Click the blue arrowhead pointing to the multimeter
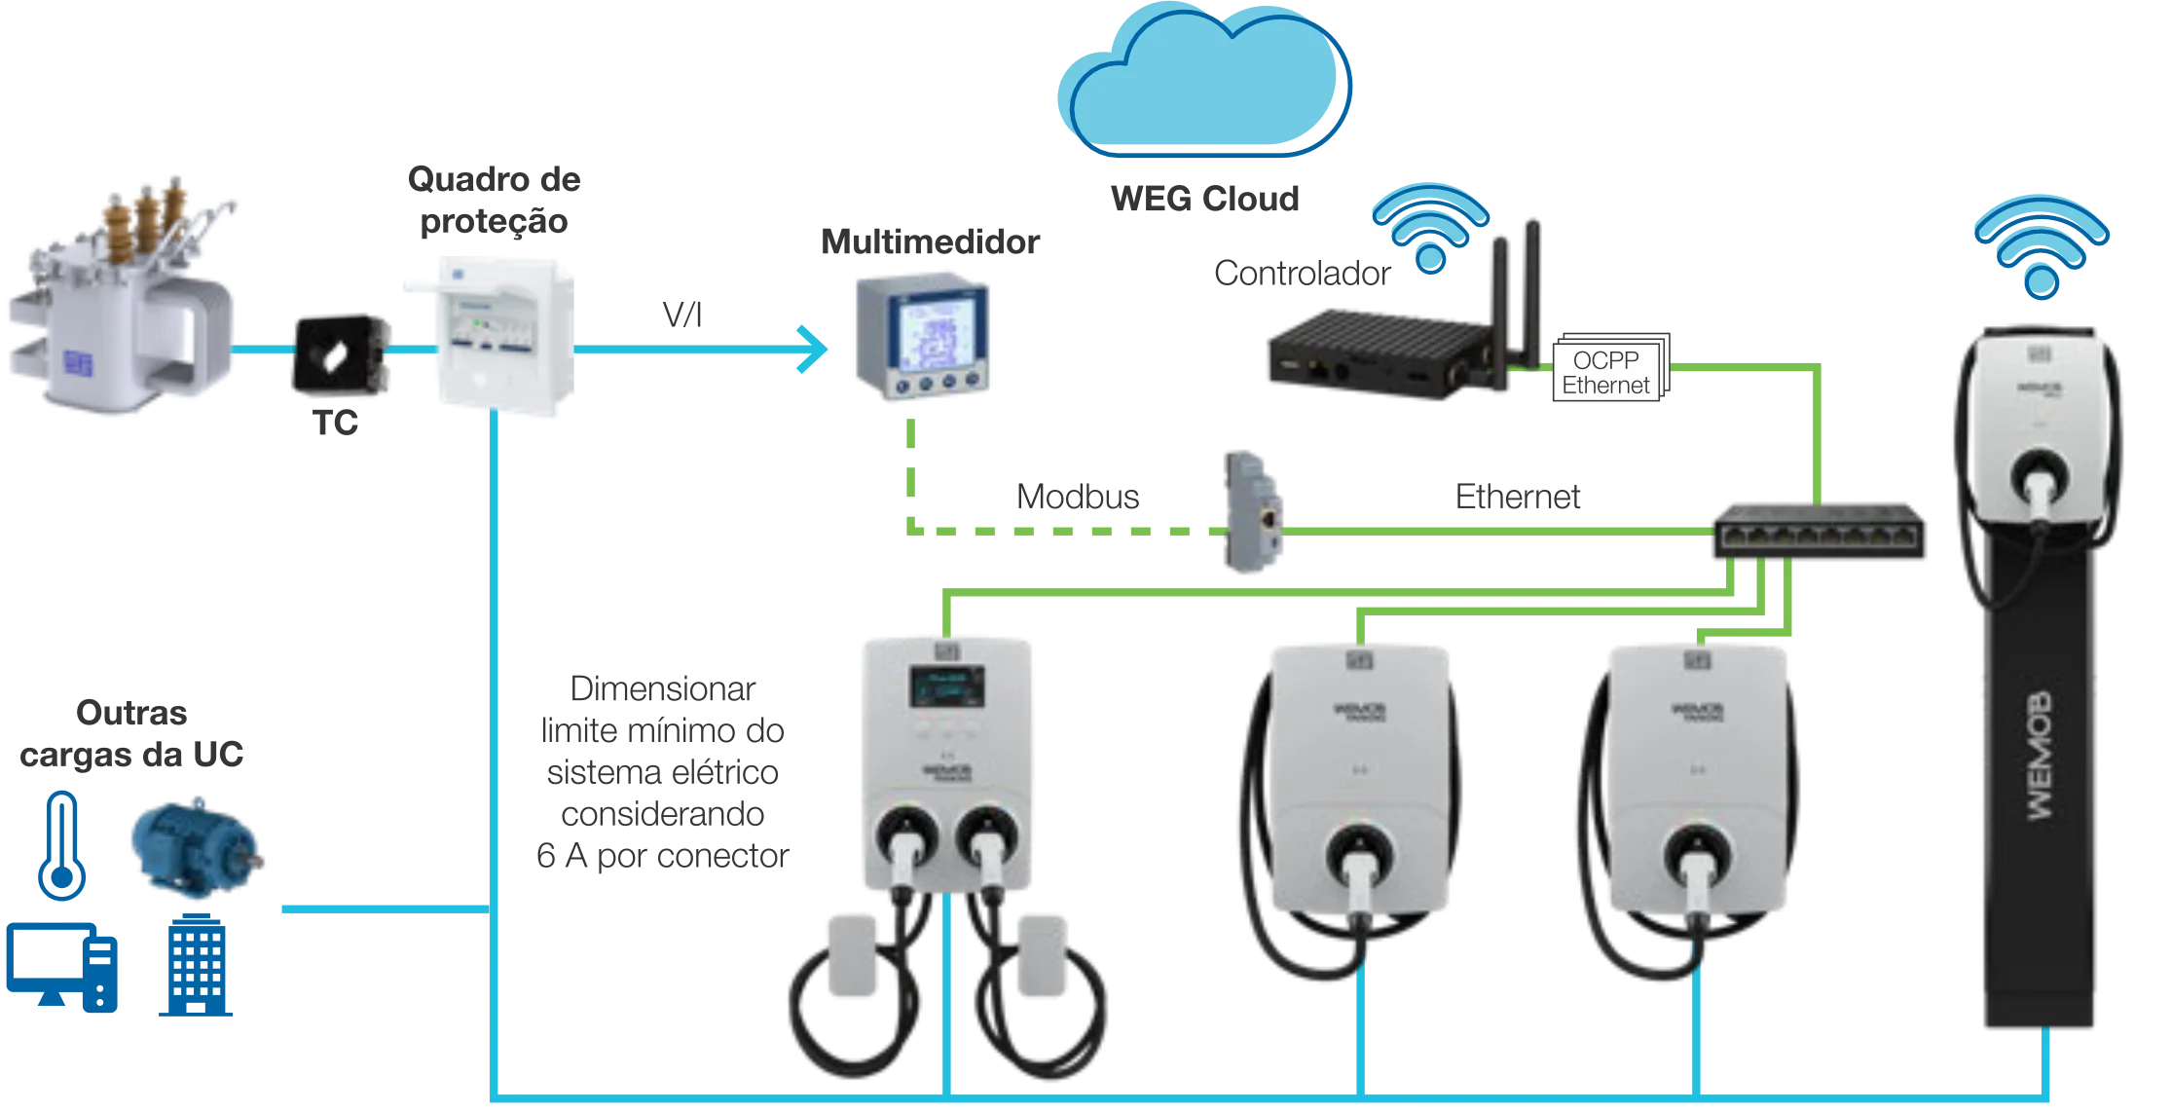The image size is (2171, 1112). [x=813, y=349]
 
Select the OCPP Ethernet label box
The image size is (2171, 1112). [x=1606, y=372]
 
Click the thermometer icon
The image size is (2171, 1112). [x=62, y=843]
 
